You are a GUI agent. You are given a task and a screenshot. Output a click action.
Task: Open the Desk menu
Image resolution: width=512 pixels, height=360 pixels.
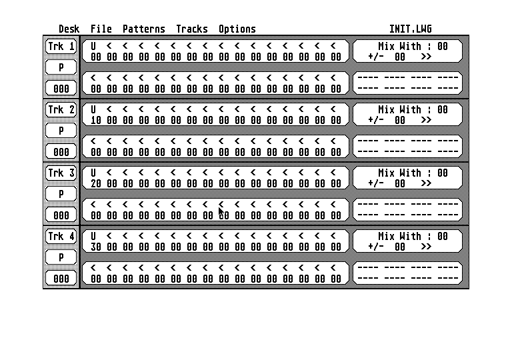[69, 29]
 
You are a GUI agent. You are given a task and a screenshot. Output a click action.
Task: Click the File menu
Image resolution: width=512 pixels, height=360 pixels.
[101, 29]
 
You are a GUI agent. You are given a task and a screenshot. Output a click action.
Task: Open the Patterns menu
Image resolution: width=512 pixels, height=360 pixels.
[144, 29]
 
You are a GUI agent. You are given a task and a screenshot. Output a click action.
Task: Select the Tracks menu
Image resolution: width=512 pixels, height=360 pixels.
[192, 29]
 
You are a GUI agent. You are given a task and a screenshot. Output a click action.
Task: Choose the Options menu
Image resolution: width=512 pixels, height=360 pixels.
[237, 29]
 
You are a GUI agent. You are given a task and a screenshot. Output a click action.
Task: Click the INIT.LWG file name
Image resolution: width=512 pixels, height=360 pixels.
[411, 29]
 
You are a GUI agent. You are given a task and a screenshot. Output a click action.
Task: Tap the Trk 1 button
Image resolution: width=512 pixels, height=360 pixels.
[61, 47]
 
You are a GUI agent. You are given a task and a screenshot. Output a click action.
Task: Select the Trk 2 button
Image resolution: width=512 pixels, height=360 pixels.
[61, 110]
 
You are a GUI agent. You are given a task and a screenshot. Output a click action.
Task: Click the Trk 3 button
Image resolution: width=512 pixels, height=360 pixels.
[61, 173]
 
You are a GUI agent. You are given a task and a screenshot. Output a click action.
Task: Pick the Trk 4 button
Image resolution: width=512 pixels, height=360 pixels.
[61, 237]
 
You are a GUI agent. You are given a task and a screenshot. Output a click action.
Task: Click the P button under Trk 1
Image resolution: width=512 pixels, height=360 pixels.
[61, 67]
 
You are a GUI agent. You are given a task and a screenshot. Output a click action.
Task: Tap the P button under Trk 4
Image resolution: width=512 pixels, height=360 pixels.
[61, 257]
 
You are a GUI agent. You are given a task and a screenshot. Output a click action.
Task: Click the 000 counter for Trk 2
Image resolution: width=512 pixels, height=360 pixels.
[61, 152]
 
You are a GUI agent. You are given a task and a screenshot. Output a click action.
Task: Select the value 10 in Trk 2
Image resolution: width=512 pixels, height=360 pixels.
[96, 121]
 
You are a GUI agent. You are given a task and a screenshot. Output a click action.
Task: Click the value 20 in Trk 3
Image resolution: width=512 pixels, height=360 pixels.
[96, 184]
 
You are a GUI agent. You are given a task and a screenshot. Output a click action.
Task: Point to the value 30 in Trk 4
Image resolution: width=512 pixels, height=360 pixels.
[96, 247]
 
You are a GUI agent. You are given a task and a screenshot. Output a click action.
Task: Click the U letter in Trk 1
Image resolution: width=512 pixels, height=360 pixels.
[93, 47]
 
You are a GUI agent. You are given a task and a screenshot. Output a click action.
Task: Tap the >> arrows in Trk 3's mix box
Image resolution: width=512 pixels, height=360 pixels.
[426, 183]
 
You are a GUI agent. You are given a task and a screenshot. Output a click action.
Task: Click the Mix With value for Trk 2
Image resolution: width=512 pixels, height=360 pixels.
[443, 110]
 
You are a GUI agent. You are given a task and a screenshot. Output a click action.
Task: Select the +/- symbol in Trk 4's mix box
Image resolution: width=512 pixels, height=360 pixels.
[375, 247]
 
